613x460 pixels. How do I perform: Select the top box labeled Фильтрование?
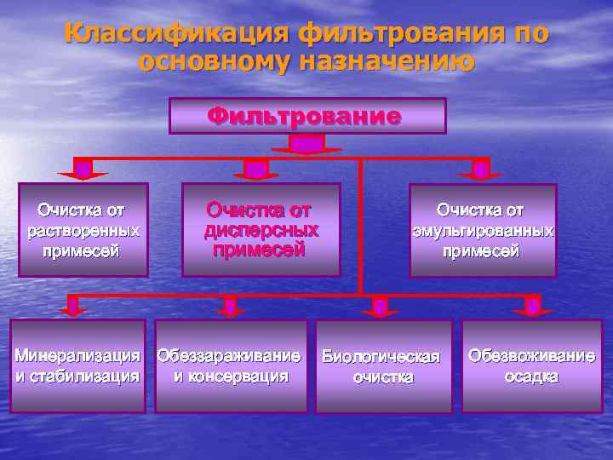click(x=307, y=116)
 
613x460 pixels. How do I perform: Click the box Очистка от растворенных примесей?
click(x=83, y=230)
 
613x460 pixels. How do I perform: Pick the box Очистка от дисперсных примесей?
click(x=261, y=229)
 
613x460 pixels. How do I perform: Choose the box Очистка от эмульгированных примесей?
click(x=482, y=230)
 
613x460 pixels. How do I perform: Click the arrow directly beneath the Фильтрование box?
click(x=307, y=146)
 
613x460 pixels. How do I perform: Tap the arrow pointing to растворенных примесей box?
click(x=83, y=171)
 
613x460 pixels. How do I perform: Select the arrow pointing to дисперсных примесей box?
click(x=256, y=171)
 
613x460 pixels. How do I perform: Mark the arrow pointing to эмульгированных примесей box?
click(x=480, y=171)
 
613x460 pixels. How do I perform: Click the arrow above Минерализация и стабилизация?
click(x=75, y=307)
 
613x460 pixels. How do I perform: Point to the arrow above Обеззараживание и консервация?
click(x=230, y=307)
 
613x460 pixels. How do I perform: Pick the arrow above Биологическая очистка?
click(x=381, y=307)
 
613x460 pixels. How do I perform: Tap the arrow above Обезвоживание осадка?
click(x=533, y=307)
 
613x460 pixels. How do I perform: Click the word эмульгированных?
click(x=482, y=231)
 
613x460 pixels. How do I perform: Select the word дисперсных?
click(x=261, y=230)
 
